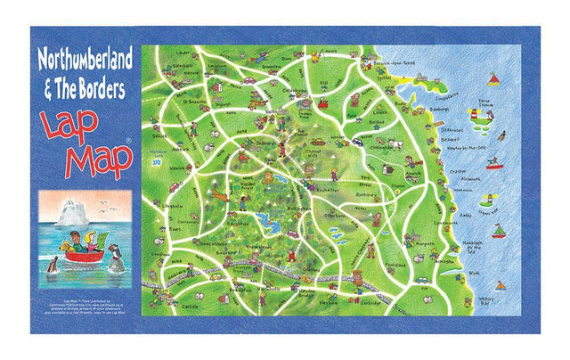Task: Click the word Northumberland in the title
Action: tap(85, 60)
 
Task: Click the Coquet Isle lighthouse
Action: tap(484, 200)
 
